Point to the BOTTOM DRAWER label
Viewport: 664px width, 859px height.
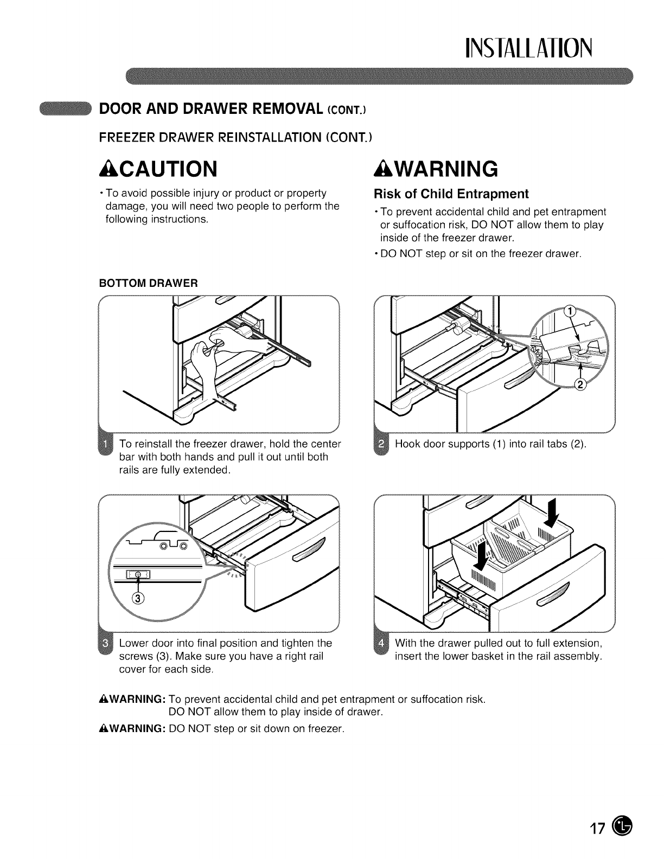point(148,283)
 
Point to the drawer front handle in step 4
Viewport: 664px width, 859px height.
point(553,595)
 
